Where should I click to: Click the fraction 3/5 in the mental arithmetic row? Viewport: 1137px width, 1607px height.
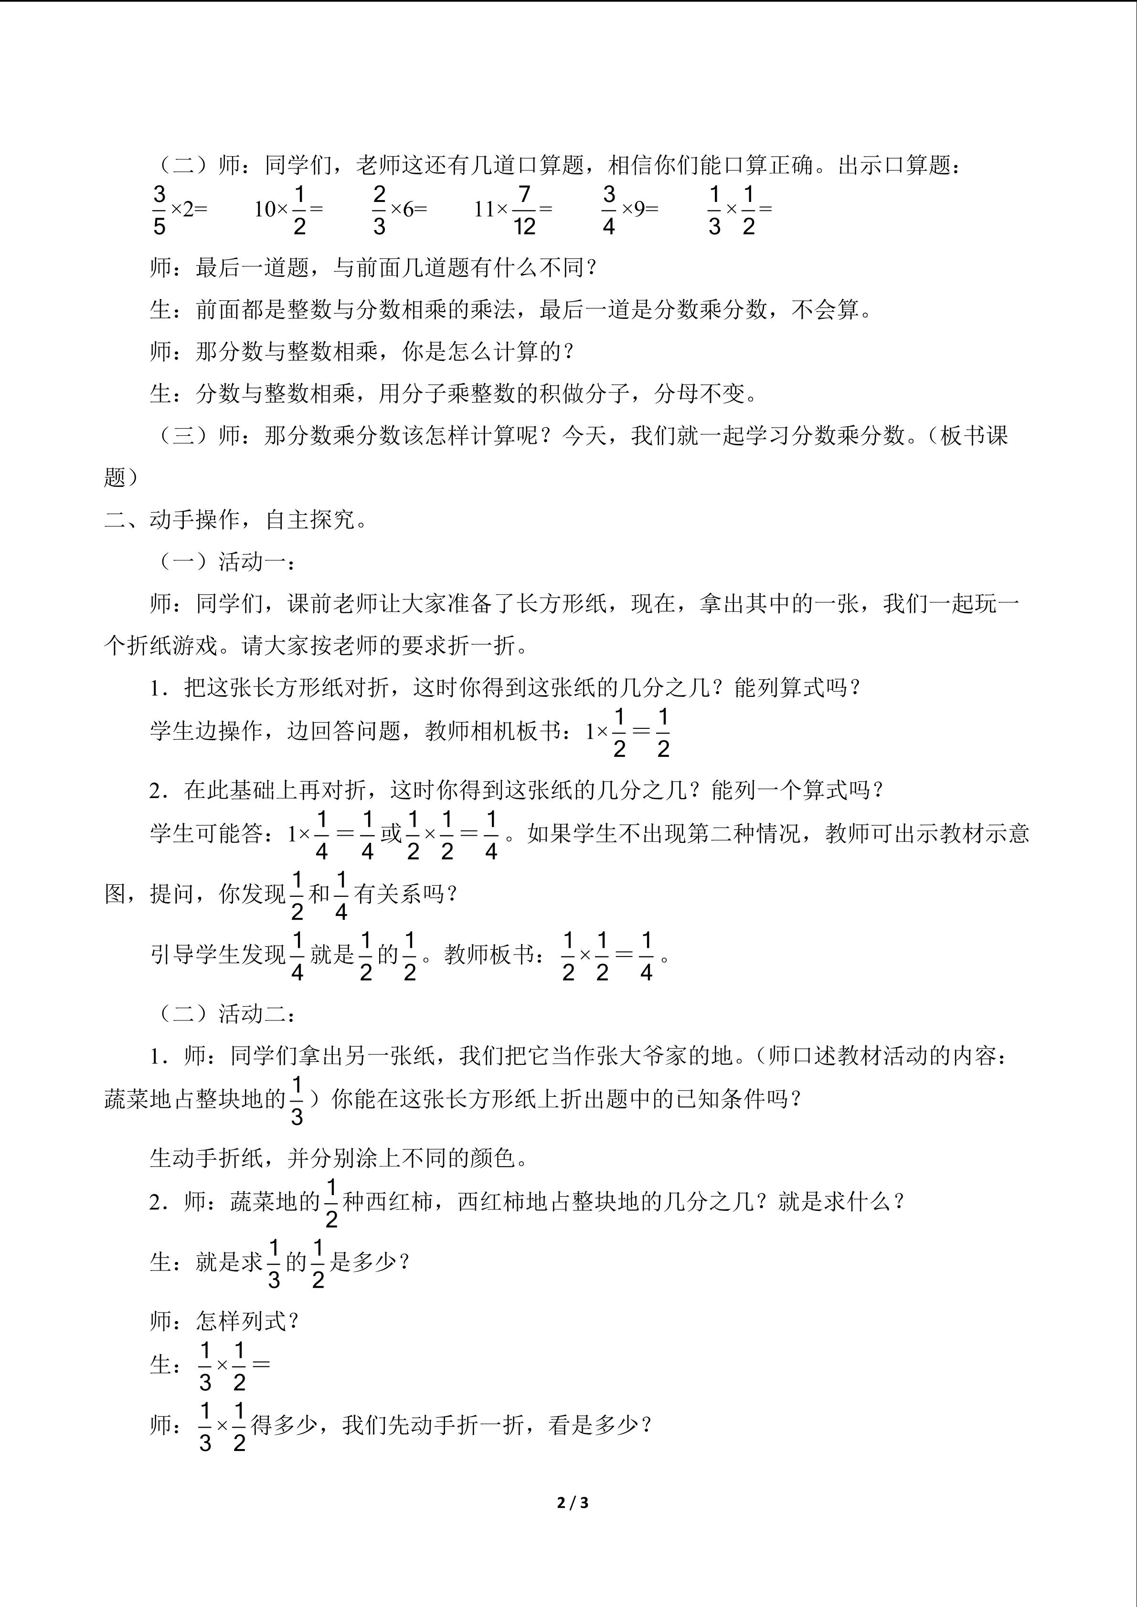pos(159,209)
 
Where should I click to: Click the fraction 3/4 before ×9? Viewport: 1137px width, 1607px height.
pos(608,209)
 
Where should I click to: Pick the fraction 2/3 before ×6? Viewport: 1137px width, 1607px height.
pos(379,209)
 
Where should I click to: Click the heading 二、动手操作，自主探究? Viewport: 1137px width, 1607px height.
pos(236,520)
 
